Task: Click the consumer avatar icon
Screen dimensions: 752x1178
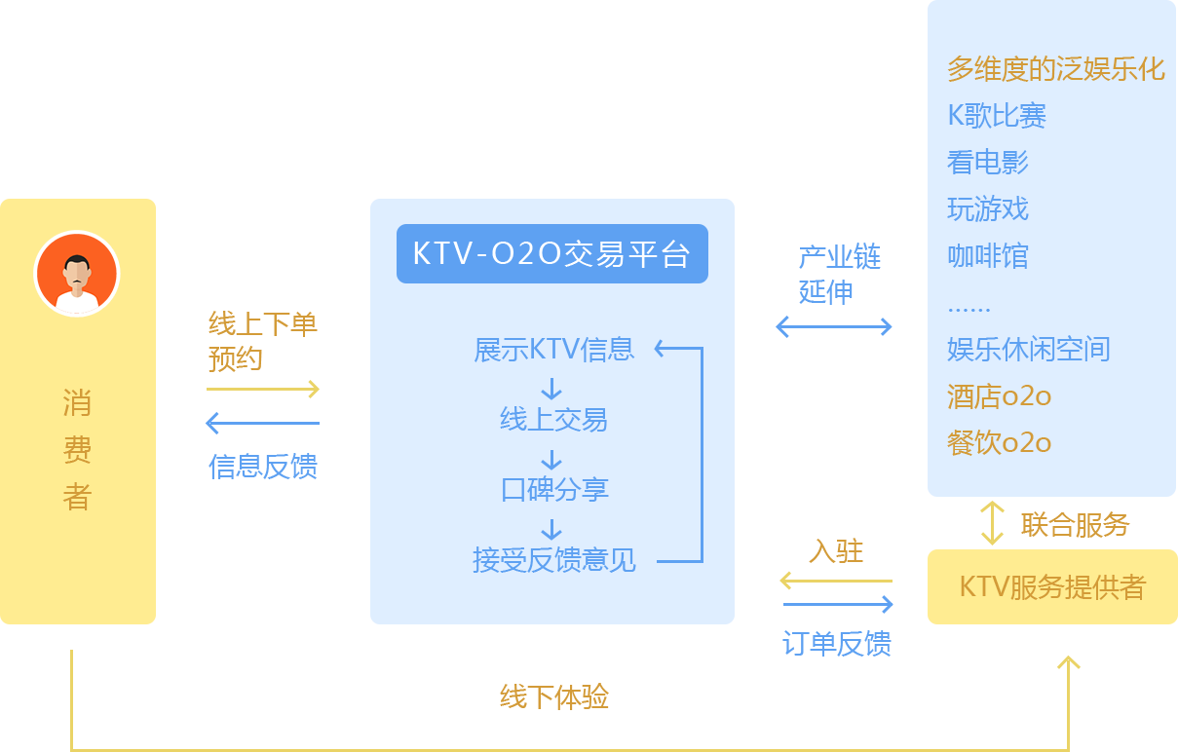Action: (x=77, y=274)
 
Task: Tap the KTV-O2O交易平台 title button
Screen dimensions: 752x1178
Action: (x=551, y=254)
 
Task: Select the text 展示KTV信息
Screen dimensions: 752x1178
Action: (x=553, y=350)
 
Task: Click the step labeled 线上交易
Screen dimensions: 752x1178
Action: (x=553, y=420)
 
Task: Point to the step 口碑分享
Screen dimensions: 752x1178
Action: (x=553, y=490)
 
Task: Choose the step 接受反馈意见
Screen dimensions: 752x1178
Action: (x=553, y=560)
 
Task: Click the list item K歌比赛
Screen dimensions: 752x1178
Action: (x=997, y=116)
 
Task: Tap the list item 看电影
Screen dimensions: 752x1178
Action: (x=987, y=162)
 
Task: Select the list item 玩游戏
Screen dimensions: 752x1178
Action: (x=987, y=209)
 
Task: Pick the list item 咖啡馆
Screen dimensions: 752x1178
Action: (x=987, y=256)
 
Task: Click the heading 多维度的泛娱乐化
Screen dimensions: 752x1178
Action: (x=1055, y=69)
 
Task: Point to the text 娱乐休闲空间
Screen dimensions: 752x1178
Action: (x=1028, y=349)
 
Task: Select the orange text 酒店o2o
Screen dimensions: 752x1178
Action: (x=999, y=396)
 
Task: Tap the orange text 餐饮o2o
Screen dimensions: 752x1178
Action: (x=999, y=443)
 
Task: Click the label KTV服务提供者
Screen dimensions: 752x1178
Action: (x=1051, y=587)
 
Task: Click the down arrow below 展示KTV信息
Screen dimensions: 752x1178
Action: (x=551, y=389)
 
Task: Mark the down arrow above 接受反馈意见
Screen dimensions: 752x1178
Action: (x=551, y=530)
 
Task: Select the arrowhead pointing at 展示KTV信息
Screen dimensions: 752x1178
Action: (x=661, y=348)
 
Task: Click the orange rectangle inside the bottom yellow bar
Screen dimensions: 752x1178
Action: (x=553, y=696)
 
